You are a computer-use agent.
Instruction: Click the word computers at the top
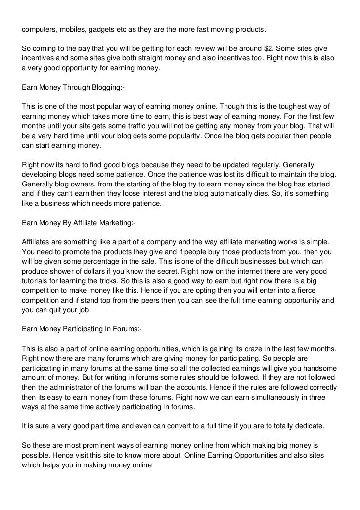pyautogui.click(x=40, y=29)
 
